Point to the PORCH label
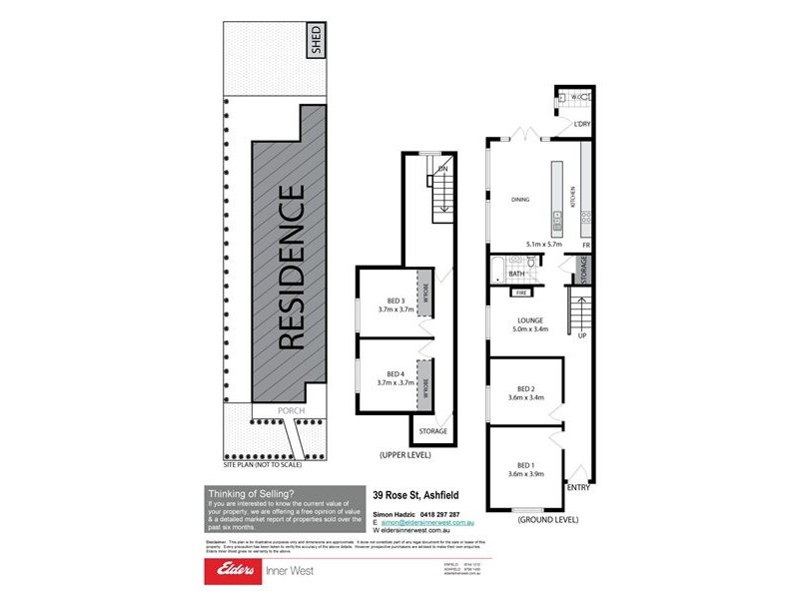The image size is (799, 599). coord(291,410)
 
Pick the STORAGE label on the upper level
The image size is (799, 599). coord(433,431)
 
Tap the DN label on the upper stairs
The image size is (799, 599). coord(441,169)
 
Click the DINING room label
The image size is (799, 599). coord(520,200)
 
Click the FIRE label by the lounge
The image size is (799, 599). coord(519,294)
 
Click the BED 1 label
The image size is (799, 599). coord(526,464)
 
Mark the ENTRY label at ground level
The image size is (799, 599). coord(578,487)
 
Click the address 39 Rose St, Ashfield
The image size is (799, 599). coord(413,493)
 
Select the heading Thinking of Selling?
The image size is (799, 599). coord(250,493)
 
